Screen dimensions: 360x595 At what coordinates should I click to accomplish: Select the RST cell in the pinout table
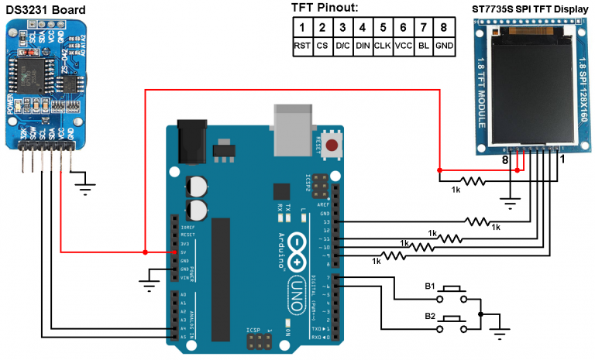tap(302, 46)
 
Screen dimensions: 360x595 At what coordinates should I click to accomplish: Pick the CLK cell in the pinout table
tap(383, 46)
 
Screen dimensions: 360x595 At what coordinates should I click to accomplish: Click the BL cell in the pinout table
tap(423, 46)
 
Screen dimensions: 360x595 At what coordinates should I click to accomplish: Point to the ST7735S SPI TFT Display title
tap(528, 9)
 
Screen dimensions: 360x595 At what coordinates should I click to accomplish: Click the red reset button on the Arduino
tap(332, 146)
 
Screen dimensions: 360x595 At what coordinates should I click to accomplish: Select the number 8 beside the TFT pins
tap(504, 160)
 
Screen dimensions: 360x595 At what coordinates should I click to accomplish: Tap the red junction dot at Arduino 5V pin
tap(145, 252)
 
